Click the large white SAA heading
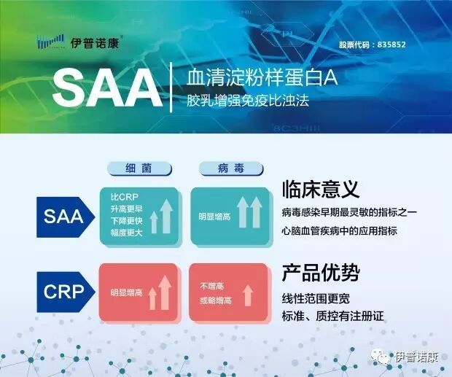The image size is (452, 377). (107, 89)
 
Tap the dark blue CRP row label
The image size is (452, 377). (64, 292)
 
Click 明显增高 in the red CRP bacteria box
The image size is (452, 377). (126, 293)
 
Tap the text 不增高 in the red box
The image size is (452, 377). (212, 286)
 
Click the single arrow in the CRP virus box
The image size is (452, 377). (248, 294)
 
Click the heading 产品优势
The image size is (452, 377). (320, 274)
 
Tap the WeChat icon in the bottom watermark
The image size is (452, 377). (378, 357)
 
